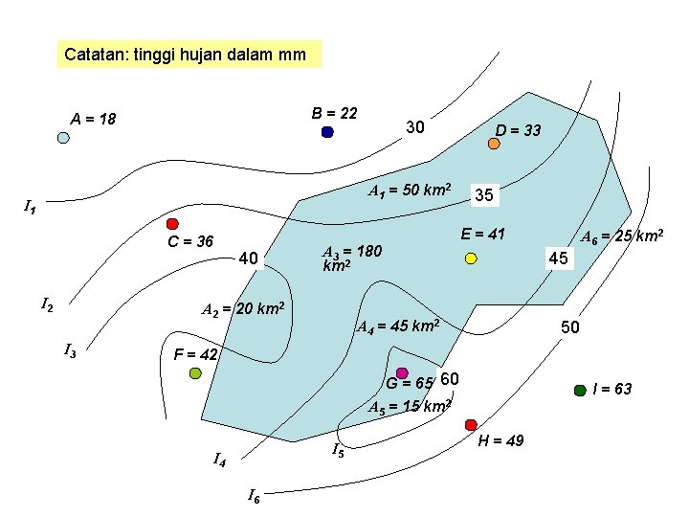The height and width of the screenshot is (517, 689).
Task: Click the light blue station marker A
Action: pos(63,138)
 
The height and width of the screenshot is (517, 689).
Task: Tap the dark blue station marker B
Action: pos(327,132)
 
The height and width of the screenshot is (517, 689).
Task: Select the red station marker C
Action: pos(173,224)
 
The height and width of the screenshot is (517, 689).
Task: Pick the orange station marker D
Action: pos(494,144)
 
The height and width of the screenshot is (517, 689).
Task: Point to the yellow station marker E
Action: pos(471,258)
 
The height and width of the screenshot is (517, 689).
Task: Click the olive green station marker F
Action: pos(195,372)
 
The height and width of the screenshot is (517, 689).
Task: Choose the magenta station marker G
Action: pos(402,372)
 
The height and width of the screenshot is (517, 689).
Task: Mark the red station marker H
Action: pos(471,424)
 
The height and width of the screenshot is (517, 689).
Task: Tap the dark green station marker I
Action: pos(579,390)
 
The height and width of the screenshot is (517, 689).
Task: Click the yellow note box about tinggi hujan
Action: pos(188,55)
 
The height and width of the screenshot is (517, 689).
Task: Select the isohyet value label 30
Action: pos(414,127)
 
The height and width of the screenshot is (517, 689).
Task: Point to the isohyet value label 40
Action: pos(248,258)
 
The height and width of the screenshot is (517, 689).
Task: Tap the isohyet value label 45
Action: pos(557,258)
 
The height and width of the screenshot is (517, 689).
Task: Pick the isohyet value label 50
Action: pos(570,327)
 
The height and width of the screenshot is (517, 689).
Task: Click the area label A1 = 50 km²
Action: pos(411,188)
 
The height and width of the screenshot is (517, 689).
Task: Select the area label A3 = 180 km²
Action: pos(351,258)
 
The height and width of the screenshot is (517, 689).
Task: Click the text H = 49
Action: pos(500,441)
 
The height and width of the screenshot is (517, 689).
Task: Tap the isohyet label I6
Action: pos(253,495)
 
